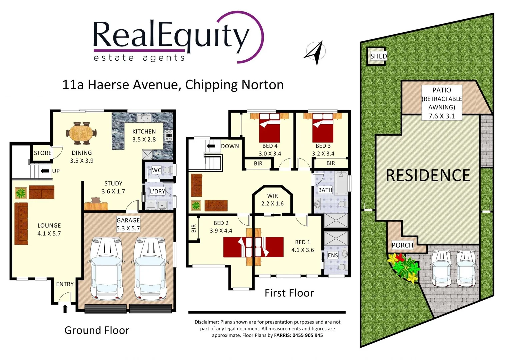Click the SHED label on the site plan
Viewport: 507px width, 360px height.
pyautogui.click(x=378, y=56)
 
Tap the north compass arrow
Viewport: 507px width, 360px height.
pyautogui.click(x=315, y=53)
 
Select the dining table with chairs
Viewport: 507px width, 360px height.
pyautogui.click(x=82, y=133)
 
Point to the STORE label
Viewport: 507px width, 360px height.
pyautogui.click(x=43, y=153)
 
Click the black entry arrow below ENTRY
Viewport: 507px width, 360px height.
pyautogui.click(x=65, y=309)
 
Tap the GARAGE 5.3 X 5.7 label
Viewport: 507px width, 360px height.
pyautogui.click(x=128, y=224)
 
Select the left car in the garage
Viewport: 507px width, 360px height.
pyautogui.click(x=107, y=268)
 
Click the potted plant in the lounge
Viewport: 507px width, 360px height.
pyautogui.click(x=21, y=193)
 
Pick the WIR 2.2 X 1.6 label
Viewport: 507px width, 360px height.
pyautogui.click(x=272, y=200)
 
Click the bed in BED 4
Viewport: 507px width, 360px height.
pyautogui.click(x=269, y=128)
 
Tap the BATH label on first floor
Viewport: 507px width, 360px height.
pyautogui.click(x=325, y=190)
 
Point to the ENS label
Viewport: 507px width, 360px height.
pyautogui.click(x=333, y=255)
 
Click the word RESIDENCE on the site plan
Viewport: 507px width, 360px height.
pyautogui.click(x=428, y=176)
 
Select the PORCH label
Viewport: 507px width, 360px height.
pyautogui.click(x=402, y=245)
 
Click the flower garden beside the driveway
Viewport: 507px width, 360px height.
pyautogui.click(x=404, y=267)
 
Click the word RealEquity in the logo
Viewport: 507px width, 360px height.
pyautogui.click(x=170, y=35)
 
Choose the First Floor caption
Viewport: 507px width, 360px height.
pyautogui.click(x=289, y=293)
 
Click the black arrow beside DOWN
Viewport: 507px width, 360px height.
pyautogui.click(x=211, y=146)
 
